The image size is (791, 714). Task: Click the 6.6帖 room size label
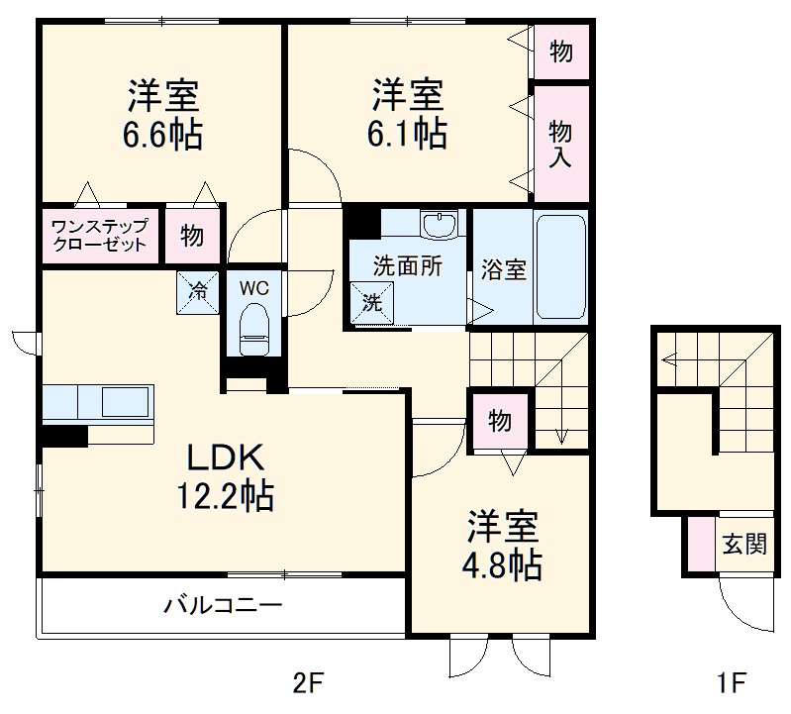[163, 135]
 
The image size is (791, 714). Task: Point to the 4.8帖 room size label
[503, 564]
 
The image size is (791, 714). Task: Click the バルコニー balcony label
[224, 604]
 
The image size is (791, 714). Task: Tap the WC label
[254, 288]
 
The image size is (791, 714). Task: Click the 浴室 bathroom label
[503, 268]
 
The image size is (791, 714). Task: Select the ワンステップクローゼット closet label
[99, 235]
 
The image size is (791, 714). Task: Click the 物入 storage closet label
[560, 143]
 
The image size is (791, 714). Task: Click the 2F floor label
[308, 682]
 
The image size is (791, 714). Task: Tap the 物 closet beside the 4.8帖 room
[500, 421]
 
